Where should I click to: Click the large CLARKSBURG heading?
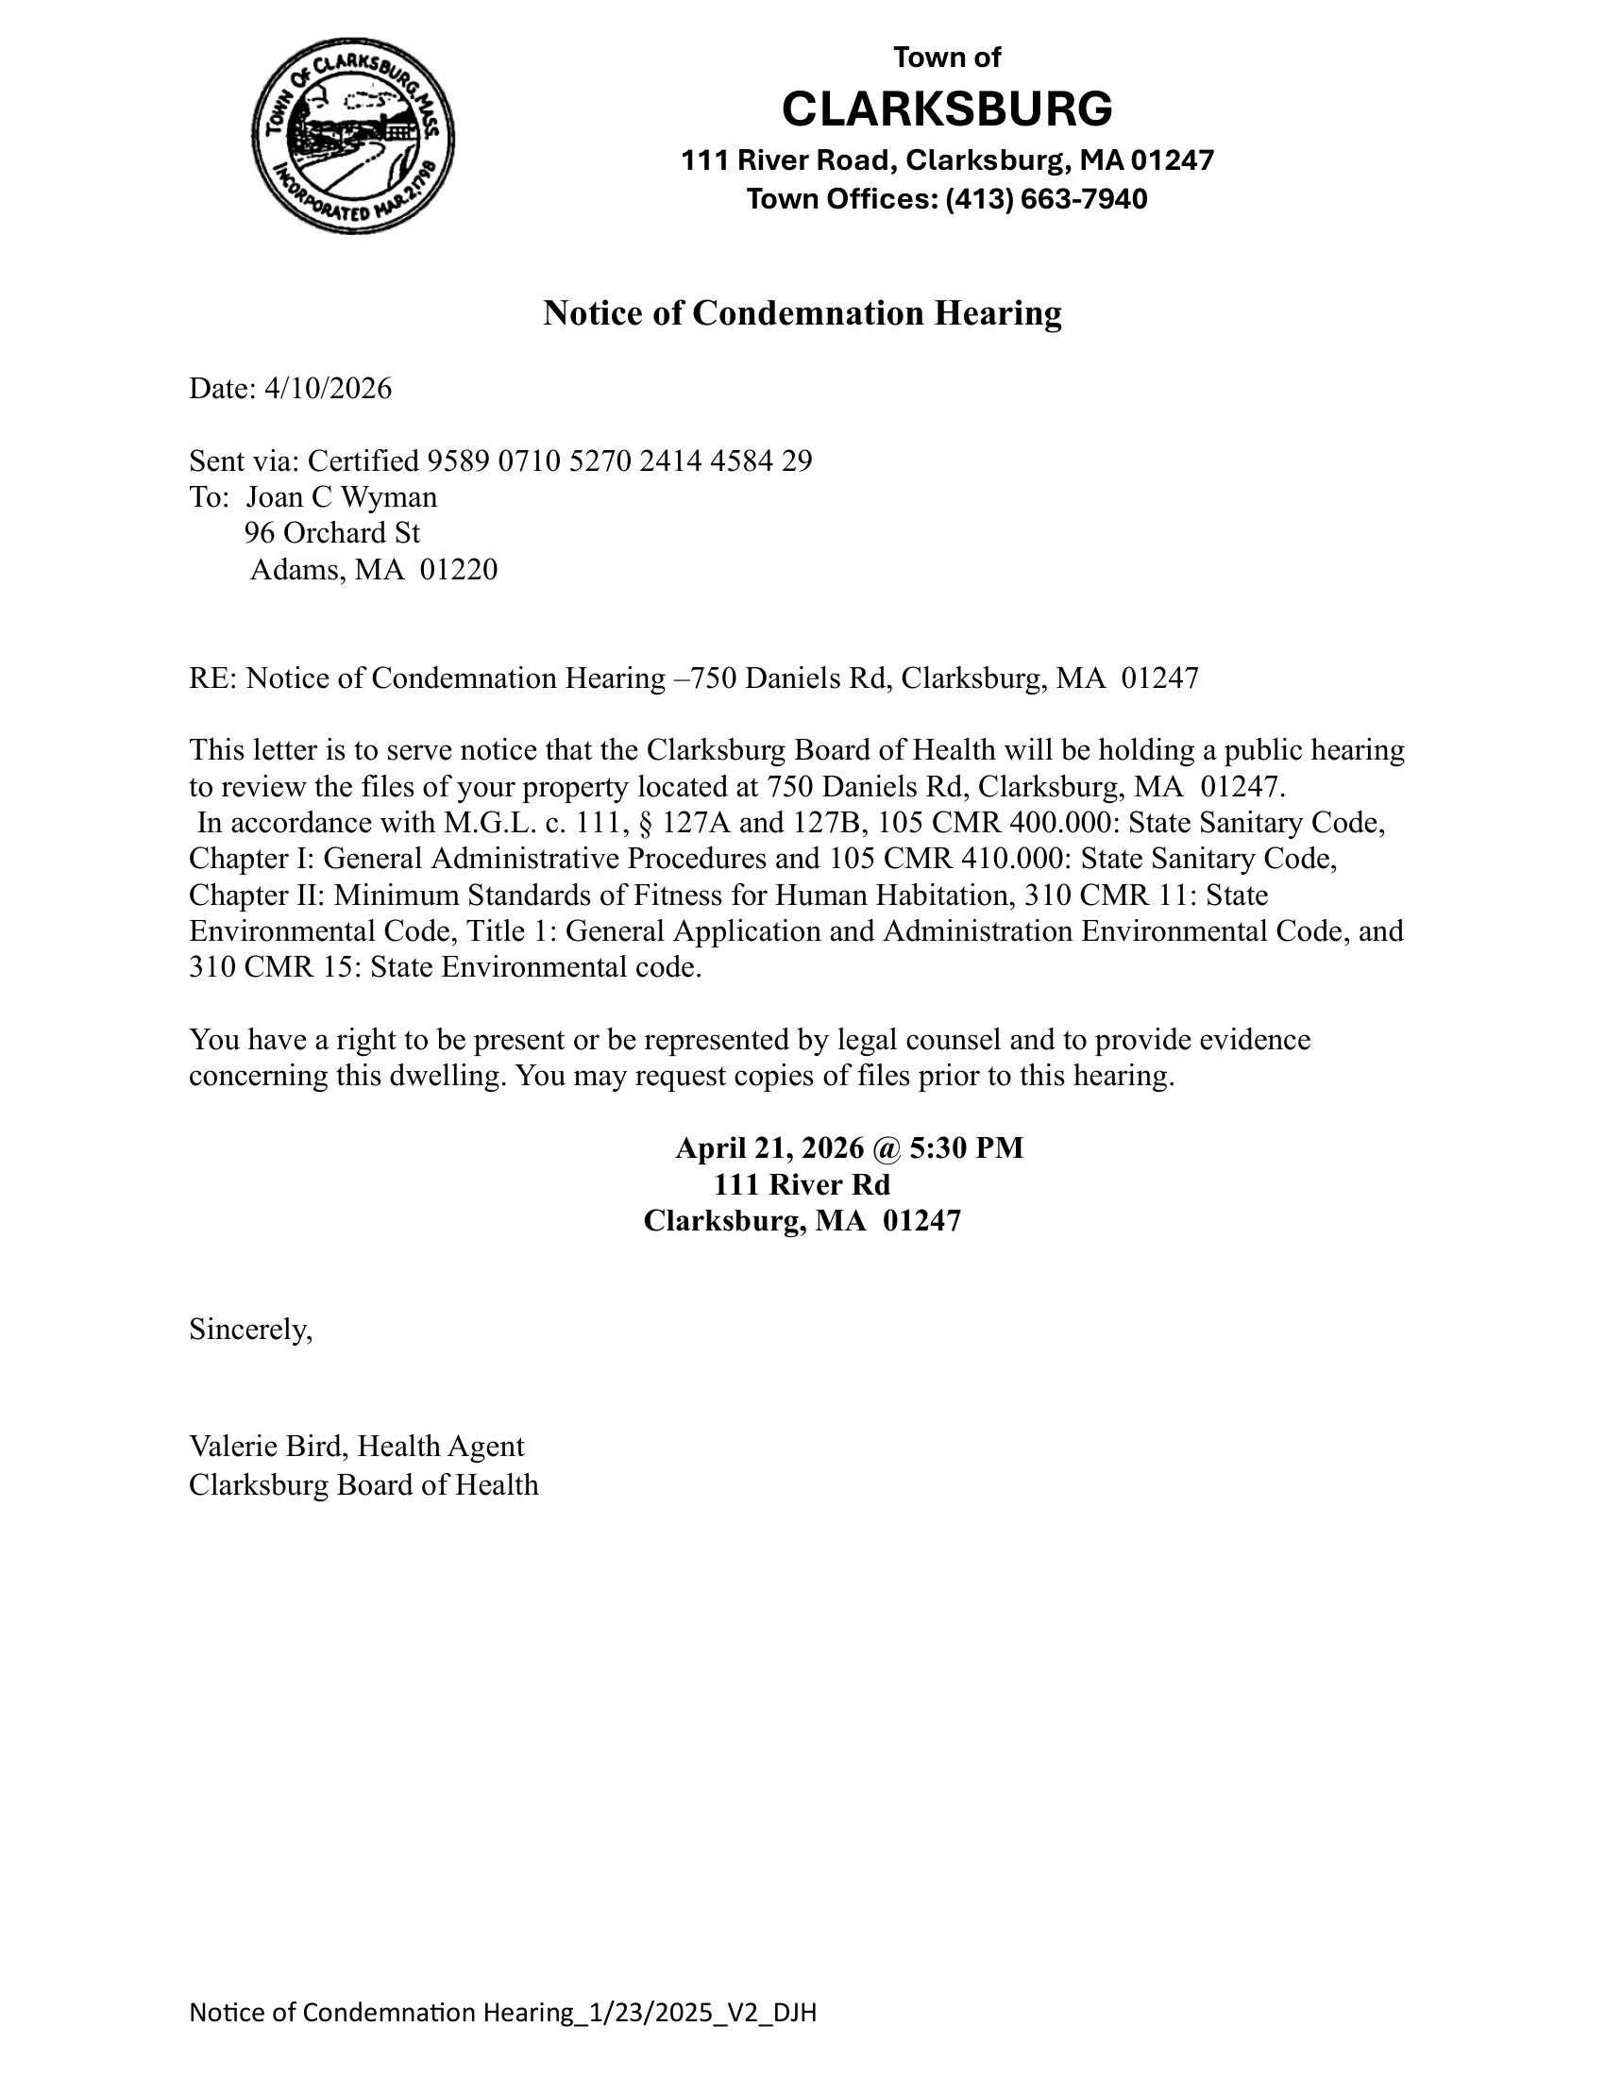point(946,109)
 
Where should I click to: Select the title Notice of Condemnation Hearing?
point(802,312)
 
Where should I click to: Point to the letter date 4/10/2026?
point(328,389)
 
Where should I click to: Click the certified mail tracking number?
point(619,461)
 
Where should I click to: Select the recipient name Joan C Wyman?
point(342,497)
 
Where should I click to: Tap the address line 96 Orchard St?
point(331,533)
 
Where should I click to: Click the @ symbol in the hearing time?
point(884,1148)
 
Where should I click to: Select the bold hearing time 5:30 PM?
point(966,1148)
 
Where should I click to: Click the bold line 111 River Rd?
point(802,1184)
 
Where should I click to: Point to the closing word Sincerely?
point(249,1329)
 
